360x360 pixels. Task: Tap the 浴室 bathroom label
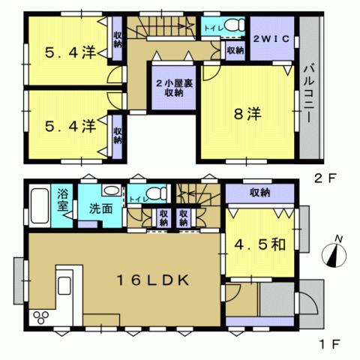pyautogui.click(x=63, y=199)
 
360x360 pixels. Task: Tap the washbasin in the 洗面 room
pyautogui.click(x=111, y=190)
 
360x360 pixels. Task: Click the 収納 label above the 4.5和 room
pyautogui.click(x=261, y=193)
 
